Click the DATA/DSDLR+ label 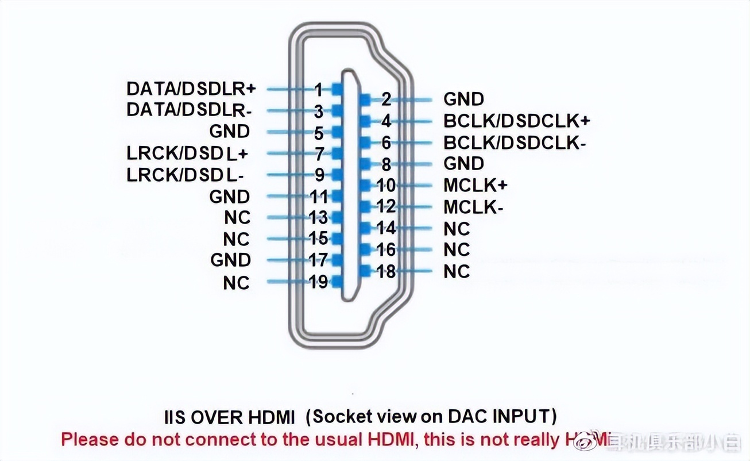click(x=191, y=89)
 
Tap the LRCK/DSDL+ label click(x=187, y=153)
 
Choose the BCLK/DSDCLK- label click(x=515, y=142)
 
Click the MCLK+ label click(x=475, y=185)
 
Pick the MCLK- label click(x=473, y=207)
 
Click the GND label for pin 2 click(x=463, y=99)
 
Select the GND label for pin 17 click(x=230, y=260)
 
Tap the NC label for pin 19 click(x=237, y=283)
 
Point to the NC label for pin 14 click(x=457, y=229)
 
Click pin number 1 click(x=319, y=90)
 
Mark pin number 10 click(x=386, y=186)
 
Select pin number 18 click(x=386, y=271)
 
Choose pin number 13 click(x=319, y=217)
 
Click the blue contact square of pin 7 click(x=337, y=153)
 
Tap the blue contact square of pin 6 click(x=365, y=143)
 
